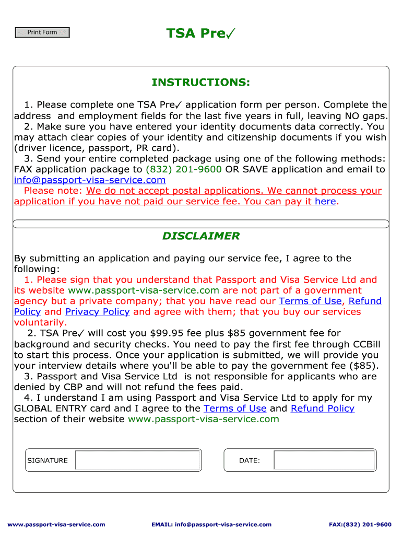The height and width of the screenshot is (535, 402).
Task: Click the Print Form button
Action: coord(42,32)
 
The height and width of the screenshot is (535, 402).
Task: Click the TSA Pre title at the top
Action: coord(200,34)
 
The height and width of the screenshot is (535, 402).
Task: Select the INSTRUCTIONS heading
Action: coord(200,83)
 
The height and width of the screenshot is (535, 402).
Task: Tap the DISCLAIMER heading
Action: coord(200,236)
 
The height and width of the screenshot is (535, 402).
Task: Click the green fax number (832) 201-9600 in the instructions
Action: coord(184,169)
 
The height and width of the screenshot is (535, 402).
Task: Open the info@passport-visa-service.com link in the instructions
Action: coord(90,180)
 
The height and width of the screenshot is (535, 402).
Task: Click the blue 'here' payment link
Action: coord(325,202)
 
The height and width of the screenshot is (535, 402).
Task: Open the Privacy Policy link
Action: coord(97,312)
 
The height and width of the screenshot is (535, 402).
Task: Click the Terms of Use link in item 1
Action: coord(310,301)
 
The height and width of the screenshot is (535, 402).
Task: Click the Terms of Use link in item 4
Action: coord(235,409)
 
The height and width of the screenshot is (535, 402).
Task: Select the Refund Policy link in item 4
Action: coord(322,409)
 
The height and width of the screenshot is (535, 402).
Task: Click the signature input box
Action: coord(138,460)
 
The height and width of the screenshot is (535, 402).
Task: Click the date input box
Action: coord(324,460)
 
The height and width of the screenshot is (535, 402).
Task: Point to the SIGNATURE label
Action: coord(48,460)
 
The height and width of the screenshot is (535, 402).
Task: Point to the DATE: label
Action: coord(250,460)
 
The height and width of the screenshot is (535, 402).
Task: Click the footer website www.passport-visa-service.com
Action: coord(56,525)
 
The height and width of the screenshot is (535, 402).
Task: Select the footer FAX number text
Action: coord(360,525)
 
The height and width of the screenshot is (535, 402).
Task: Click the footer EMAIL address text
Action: coord(211,525)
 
